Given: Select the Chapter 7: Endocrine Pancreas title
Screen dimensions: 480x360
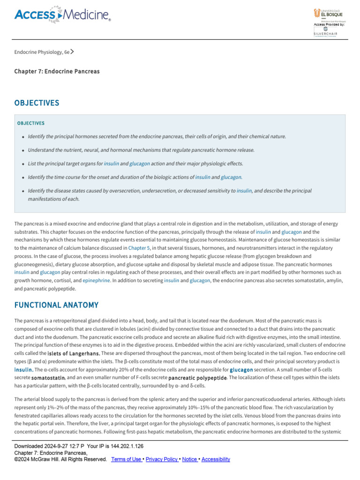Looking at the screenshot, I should click(57, 71).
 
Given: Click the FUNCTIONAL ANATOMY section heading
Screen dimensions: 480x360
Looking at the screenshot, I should click(56, 305).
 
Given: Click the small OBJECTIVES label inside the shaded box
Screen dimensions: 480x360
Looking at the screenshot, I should click(31, 123).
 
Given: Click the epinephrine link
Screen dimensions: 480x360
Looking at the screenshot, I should click(96, 280).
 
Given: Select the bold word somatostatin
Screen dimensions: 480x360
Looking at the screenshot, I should click(48, 378).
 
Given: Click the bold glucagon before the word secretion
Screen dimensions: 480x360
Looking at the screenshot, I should click(241, 370).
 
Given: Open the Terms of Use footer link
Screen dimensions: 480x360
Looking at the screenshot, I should click(127, 459).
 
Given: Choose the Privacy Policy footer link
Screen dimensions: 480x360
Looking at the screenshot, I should click(162, 459).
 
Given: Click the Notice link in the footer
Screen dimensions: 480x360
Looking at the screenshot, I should click(189, 459).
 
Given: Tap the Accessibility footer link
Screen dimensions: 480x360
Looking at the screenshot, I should click(216, 459).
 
